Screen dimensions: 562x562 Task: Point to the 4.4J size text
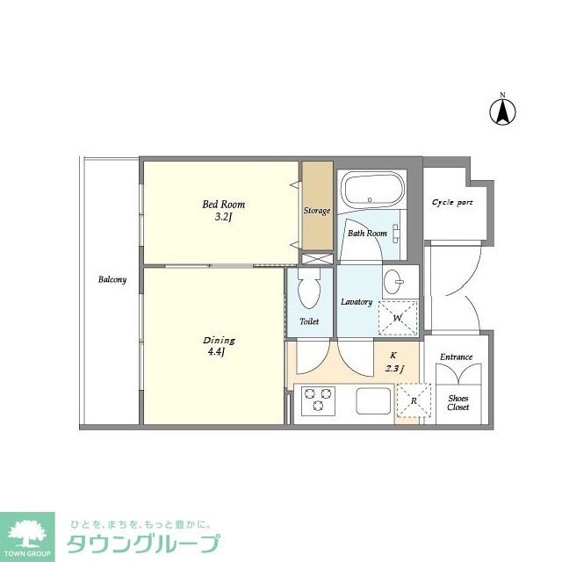pyautogui.click(x=216, y=353)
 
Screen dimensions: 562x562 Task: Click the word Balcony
pyautogui.click(x=112, y=280)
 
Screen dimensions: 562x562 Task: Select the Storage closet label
pyautogui.click(x=317, y=211)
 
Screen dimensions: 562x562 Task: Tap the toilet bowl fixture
pyautogui.click(x=308, y=286)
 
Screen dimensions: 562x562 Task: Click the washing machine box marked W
pyautogui.click(x=398, y=317)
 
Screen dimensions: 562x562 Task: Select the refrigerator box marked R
pyautogui.click(x=414, y=401)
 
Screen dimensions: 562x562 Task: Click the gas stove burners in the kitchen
pyautogui.click(x=316, y=402)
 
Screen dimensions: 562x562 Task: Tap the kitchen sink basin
pyautogui.click(x=372, y=402)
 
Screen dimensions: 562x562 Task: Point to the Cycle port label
pyautogui.click(x=452, y=203)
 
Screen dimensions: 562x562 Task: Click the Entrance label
pyautogui.click(x=457, y=357)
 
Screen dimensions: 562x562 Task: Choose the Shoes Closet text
pyautogui.click(x=458, y=402)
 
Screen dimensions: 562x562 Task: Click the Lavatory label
pyautogui.click(x=357, y=302)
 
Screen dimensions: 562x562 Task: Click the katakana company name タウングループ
pyautogui.click(x=143, y=544)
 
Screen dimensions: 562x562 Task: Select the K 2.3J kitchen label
pyautogui.click(x=391, y=362)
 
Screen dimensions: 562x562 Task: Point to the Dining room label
pyautogui.click(x=219, y=340)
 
